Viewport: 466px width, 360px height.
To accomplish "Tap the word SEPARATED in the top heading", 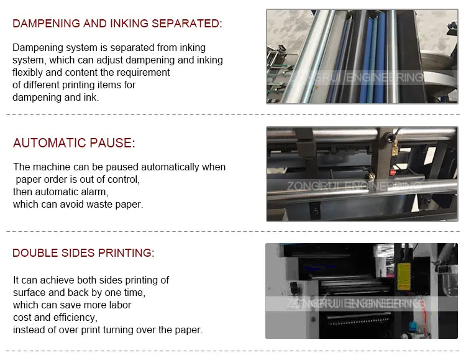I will point(188,24).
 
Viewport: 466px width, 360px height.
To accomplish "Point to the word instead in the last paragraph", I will point(29,330).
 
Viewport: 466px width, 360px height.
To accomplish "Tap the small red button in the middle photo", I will point(392,172).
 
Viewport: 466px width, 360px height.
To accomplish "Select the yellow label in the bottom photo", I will point(404,273).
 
